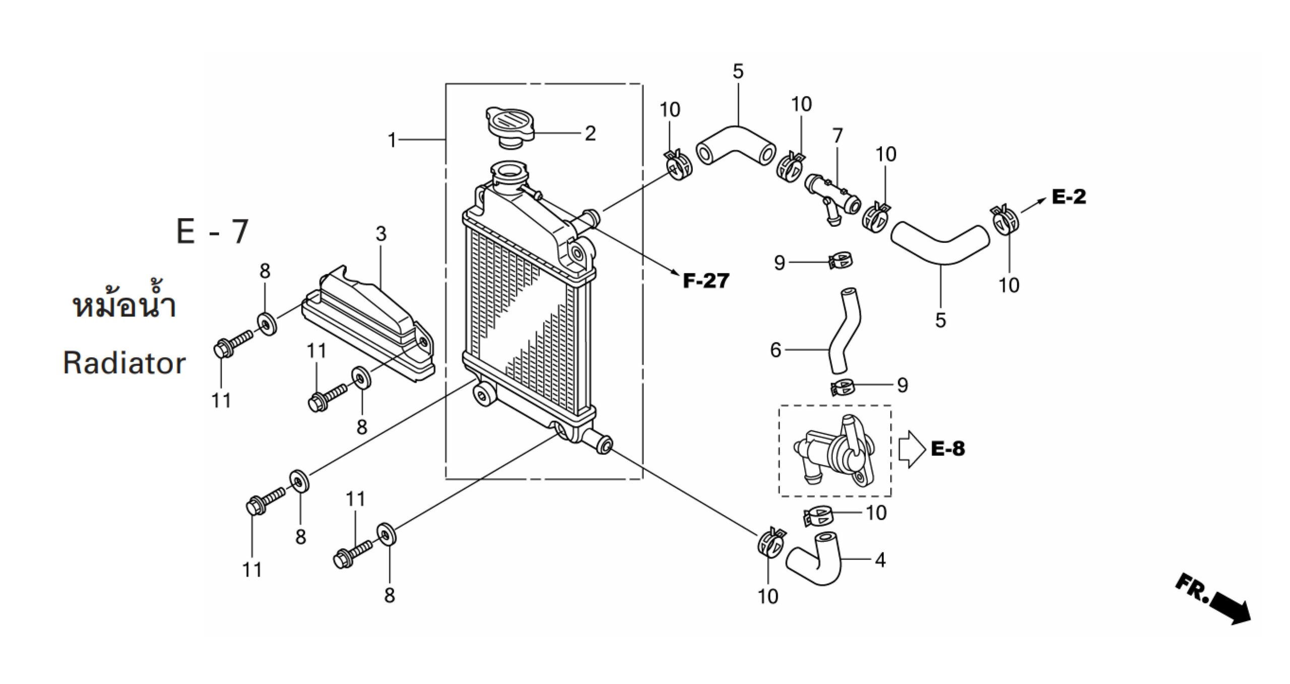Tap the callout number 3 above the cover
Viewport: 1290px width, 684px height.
point(381,234)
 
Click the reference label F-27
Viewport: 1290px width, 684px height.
point(706,281)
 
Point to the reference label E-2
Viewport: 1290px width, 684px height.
point(1069,197)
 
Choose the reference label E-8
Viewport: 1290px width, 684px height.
point(948,449)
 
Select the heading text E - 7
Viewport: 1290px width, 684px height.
point(213,232)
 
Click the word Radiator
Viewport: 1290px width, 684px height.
point(124,363)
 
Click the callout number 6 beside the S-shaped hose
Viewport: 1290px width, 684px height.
point(776,350)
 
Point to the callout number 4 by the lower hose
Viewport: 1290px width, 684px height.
point(880,559)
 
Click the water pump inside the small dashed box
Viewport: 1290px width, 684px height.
point(834,451)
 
